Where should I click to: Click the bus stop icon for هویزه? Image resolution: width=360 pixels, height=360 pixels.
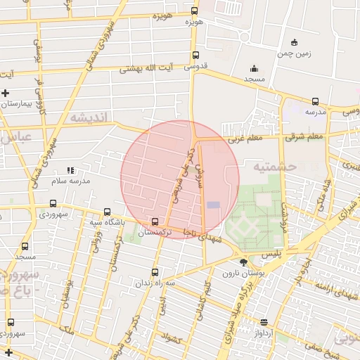click(x=195, y=11)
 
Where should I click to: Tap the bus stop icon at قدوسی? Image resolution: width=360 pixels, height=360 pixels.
click(x=195, y=56)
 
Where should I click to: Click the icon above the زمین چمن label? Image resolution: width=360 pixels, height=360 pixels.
click(x=294, y=42)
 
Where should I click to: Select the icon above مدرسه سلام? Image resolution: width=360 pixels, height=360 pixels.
click(x=70, y=170)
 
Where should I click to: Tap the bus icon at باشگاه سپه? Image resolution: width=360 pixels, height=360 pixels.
click(x=107, y=212)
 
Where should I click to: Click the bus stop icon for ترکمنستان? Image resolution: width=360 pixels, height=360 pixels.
click(x=155, y=221)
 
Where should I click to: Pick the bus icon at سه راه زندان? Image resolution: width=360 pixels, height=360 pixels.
click(x=155, y=272)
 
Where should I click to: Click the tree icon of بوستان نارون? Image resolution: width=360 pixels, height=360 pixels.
click(x=243, y=263)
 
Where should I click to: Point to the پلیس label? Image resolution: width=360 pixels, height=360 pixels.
click(x=252, y=252)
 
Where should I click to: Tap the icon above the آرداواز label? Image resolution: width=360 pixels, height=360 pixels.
click(x=264, y=321)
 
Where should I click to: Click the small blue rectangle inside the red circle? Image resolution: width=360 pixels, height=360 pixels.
click(x=213, y=205)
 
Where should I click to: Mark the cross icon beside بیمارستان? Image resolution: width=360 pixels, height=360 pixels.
click(x=6, y=93)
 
